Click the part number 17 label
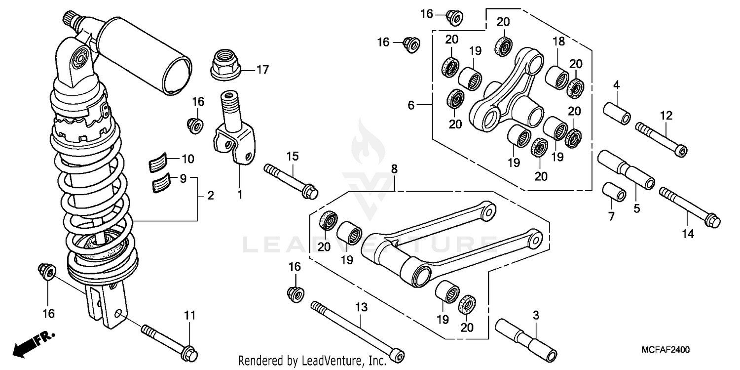click(x=262, y=70)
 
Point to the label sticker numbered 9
click(x=159, y=183)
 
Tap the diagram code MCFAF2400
click(x=665, y=349)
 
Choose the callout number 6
click(x=410, y=105)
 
